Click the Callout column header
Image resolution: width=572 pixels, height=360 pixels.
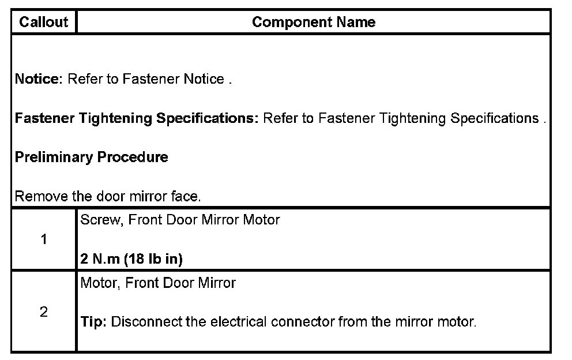point(43,22)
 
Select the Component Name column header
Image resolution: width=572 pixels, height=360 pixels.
point(314,22)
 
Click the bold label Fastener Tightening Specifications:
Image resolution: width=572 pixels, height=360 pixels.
point(137,118)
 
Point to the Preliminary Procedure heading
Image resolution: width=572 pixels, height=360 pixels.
point(91,157)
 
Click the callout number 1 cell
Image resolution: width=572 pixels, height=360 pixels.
point(44,239)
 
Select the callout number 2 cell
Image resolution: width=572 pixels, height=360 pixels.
point(44,312)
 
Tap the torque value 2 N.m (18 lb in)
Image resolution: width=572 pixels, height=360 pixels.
point(131,259)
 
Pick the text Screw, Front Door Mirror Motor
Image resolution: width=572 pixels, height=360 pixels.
point(180,220)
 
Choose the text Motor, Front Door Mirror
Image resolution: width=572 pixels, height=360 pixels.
point(158,283)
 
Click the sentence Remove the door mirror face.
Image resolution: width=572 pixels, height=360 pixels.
point(108,196)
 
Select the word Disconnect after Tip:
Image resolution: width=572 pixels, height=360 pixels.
point(140,321)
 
